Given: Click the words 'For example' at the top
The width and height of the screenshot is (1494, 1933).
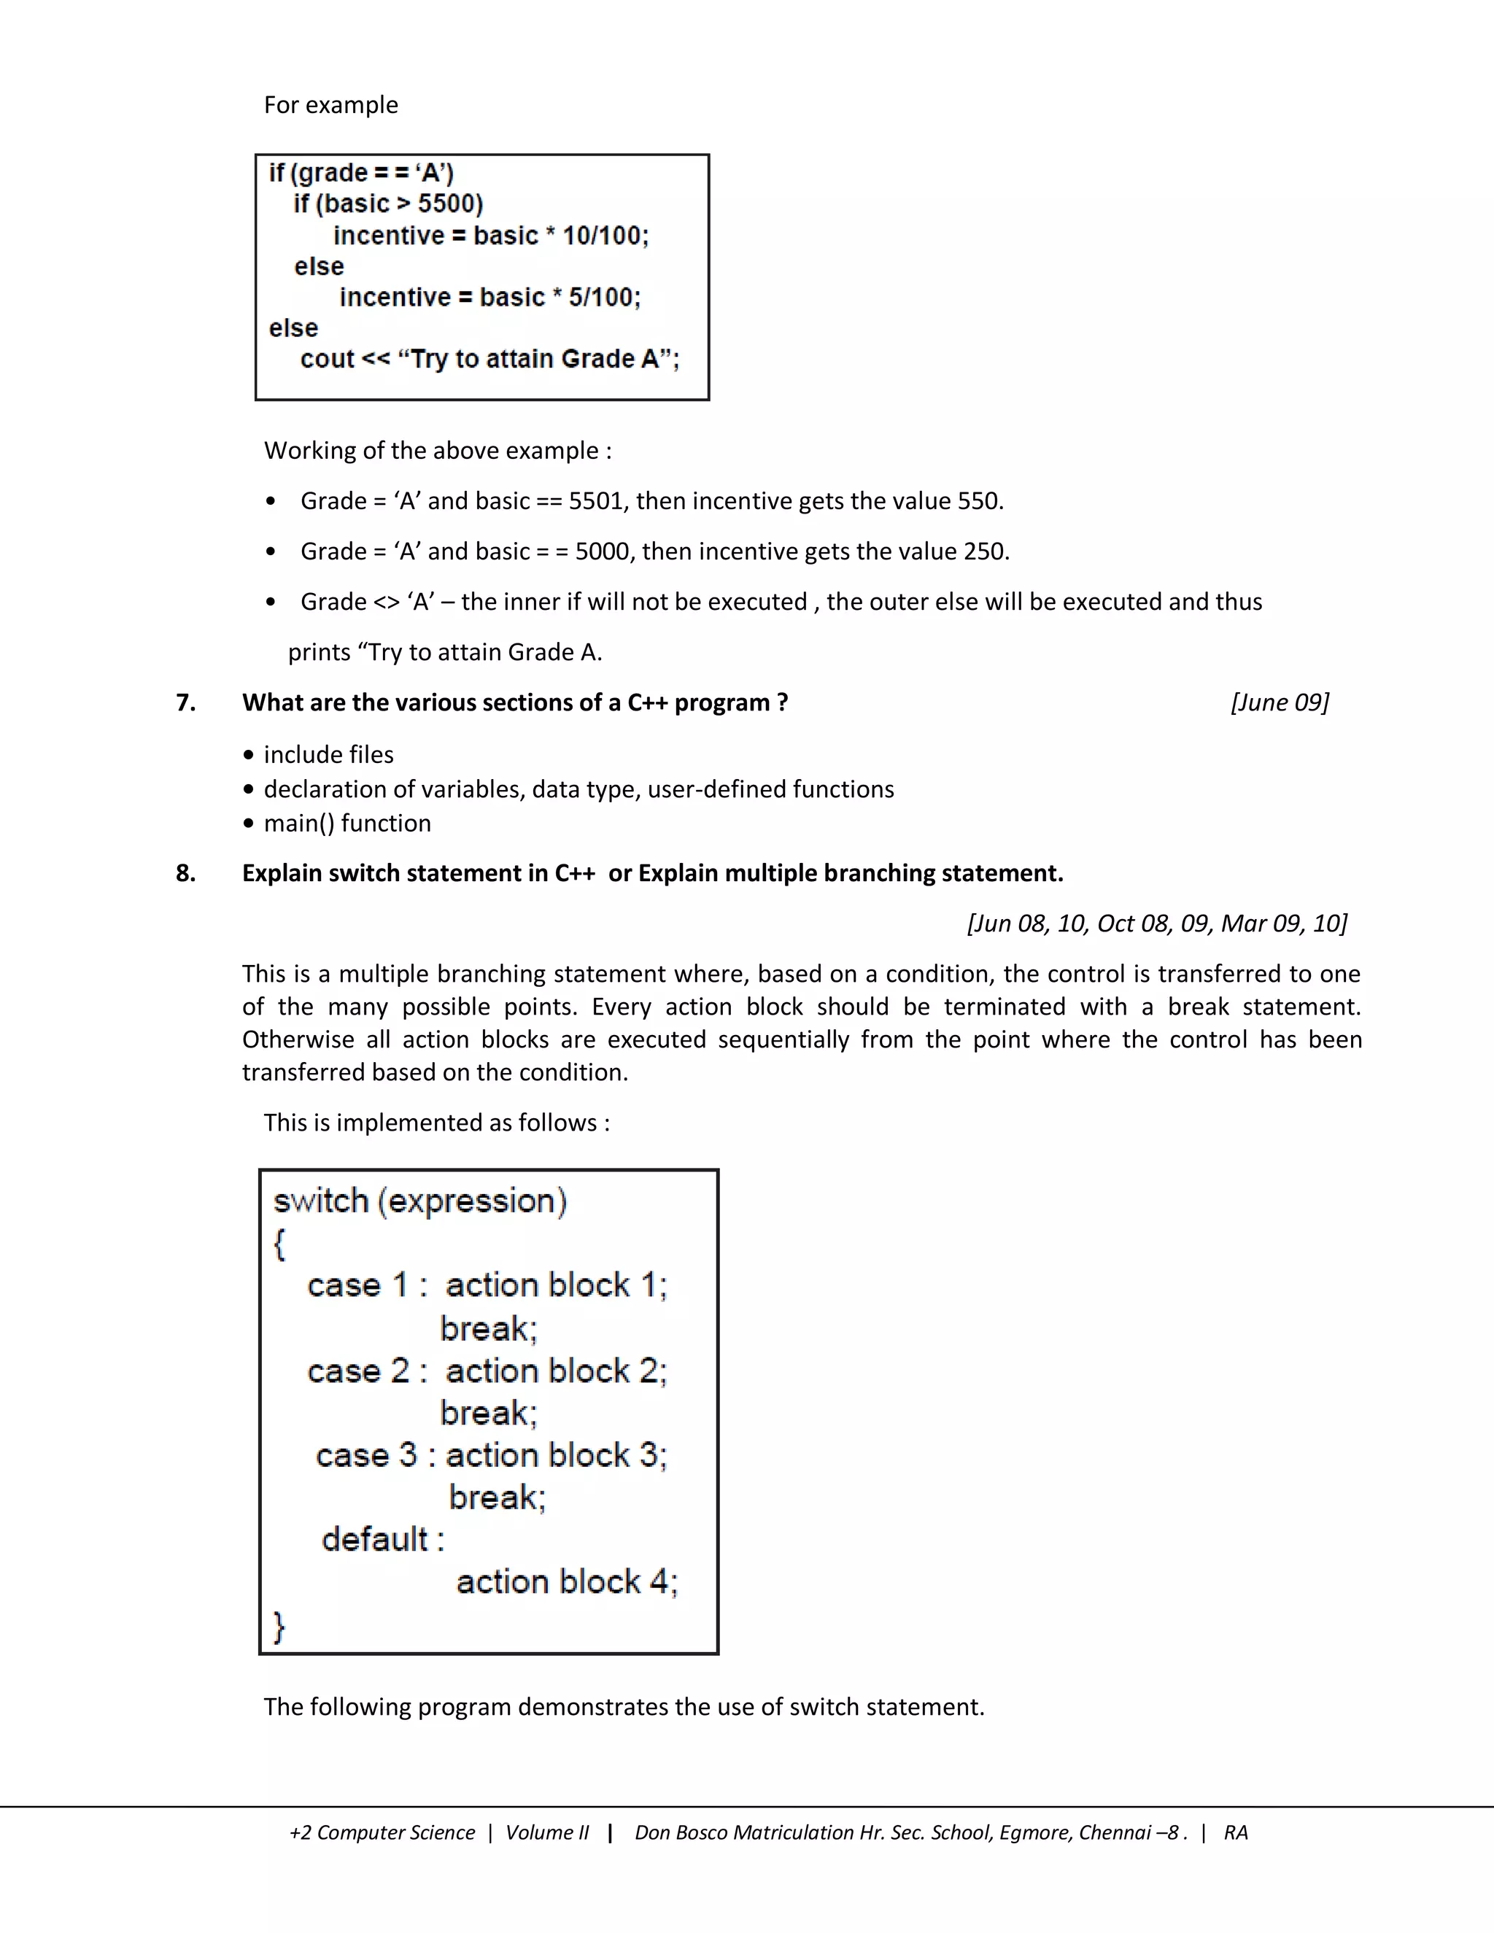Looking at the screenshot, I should pyautogui.click(x=330, y=105).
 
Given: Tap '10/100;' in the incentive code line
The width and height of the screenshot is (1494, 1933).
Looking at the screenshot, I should pyautogui.click(x=605, y=236).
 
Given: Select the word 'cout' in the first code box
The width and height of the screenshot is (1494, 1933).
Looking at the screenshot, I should pyautogui.click(x=327, y=358).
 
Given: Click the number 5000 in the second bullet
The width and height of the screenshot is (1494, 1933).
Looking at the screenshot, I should pyautogui.click(x=601, y=551).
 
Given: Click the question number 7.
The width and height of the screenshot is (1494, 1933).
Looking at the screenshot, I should pyautogui.click(x=185, y=702).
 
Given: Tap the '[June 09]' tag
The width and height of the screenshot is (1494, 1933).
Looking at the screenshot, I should pyautogui.click(x=1279, y=702).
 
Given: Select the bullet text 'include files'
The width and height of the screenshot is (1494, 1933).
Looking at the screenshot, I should pyautogui.click(x=328, y=755).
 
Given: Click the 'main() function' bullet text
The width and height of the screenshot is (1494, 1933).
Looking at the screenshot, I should pyautogui.click(x=347, y=823).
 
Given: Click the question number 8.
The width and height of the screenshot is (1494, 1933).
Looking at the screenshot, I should pyautogui.click(x=185, y=874).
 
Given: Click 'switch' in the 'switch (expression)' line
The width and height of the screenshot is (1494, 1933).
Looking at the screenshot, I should pyautogui.click(x=320, y=1201).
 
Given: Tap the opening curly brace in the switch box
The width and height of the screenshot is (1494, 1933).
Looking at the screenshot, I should pyautogui.click(x=279, y=1244).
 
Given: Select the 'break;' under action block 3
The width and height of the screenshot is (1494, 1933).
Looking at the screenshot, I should pyautogui.click(x=497, y=1498).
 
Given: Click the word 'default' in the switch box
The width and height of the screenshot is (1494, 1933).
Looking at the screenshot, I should pyautogui.click(x=374, y=1540).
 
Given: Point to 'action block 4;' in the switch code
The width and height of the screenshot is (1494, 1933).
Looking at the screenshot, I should pyautogui.click(x=566, y=1581).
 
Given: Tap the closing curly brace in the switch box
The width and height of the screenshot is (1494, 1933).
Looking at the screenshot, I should pyautogui.click(x=279, y=1626).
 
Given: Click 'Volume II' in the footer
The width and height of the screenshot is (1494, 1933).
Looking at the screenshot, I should pyautogui.click(x=546, y=1833).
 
